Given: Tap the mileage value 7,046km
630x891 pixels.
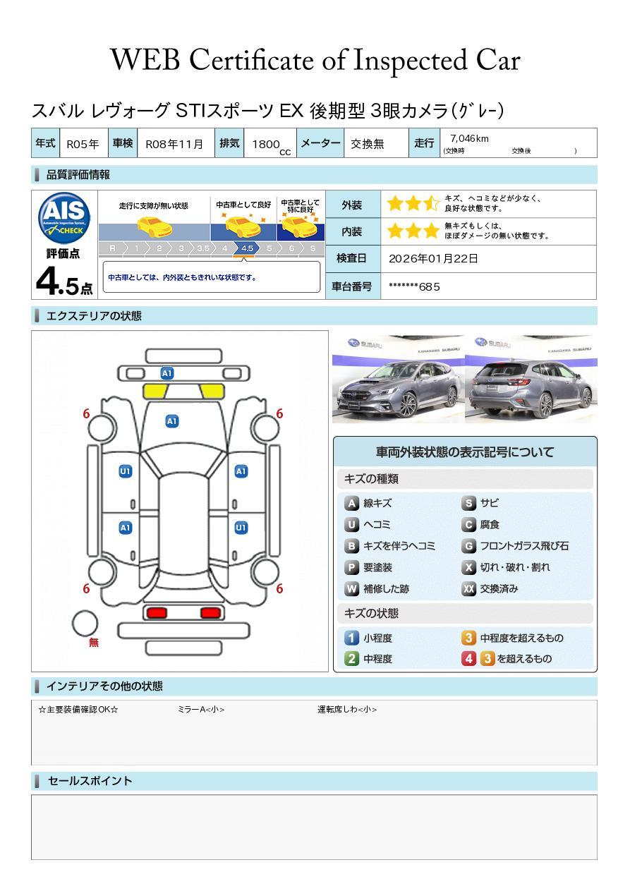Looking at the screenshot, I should [x=469, y=139].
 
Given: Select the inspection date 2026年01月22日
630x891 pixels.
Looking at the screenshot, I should [x=433, y=259].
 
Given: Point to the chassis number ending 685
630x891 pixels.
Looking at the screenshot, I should [x=414, y=286].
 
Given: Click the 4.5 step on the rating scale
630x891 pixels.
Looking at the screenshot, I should [x=247, y=248].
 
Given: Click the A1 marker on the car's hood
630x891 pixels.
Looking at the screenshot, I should [x=171, y=421].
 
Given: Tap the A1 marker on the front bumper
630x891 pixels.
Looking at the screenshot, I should [x=167, y=373].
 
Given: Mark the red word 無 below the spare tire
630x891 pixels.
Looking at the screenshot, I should [x=94, y=643].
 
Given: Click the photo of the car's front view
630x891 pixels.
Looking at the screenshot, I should [x=398, y=379].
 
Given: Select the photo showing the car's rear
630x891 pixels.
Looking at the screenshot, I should [x=531, y=379].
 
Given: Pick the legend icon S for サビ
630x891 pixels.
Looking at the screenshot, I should [x=468, y=504].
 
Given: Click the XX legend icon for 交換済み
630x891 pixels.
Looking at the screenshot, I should [x=468, y=589].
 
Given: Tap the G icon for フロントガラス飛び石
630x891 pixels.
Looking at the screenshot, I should [x=468, y=546].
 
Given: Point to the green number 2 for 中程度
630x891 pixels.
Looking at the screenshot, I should [x=351, y=659].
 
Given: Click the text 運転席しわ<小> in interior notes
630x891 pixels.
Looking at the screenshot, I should [x=346, y=710].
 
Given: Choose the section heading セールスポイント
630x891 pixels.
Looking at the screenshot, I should [x=90, y=781].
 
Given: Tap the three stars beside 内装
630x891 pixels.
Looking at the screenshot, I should [x=413, y=231].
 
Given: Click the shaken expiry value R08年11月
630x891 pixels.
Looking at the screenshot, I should [x=174, y=144].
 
